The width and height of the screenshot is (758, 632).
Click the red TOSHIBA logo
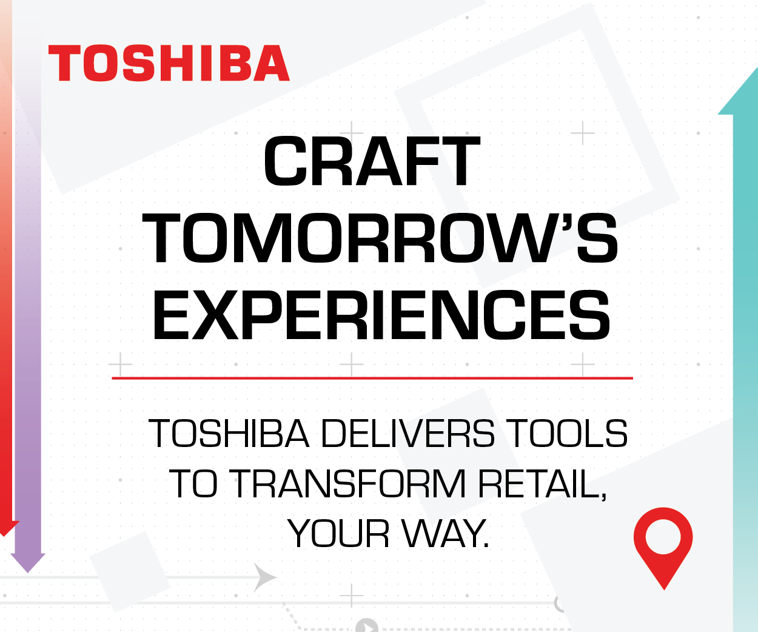[x=169, y=63]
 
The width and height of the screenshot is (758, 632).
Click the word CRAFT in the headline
[x=372, y=161]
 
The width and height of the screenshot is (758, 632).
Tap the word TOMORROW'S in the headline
[x=380, y=238]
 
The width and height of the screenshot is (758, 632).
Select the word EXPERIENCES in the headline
[x=381, y=315]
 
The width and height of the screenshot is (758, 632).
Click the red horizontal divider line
[x=372, y=378]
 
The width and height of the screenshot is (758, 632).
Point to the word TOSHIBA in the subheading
[x=229, y=433]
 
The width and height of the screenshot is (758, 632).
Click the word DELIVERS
[x=408, y=433]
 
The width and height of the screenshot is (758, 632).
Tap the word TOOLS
[x=567, y=433]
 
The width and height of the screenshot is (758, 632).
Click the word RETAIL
[x=542, y=484]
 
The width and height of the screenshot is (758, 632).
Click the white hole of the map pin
[x=663, y=537]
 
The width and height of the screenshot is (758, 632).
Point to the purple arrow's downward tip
[x=28, y=573]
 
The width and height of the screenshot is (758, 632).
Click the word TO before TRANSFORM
[x=193, y=483]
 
